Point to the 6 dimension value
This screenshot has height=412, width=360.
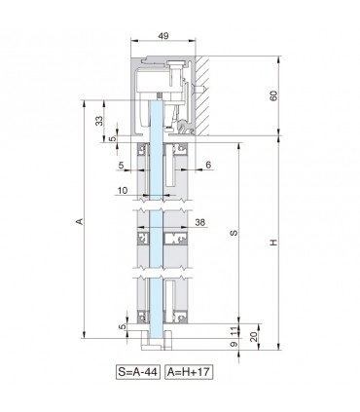tap(209, 165)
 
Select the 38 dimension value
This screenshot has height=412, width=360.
tap(198, 222)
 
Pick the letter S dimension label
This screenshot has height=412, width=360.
tap(231, 234)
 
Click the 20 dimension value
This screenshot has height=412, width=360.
tap(255, 337)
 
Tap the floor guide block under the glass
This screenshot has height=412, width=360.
tap(158, 342)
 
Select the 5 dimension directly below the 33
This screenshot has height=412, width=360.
tap(113, 138)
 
